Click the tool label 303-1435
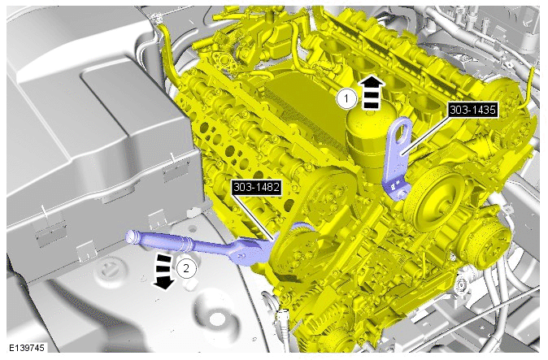473,111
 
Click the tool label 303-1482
257,188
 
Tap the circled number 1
346,99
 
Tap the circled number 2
186,268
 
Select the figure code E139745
27,348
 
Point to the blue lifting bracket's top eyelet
403,128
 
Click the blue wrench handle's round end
131,236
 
